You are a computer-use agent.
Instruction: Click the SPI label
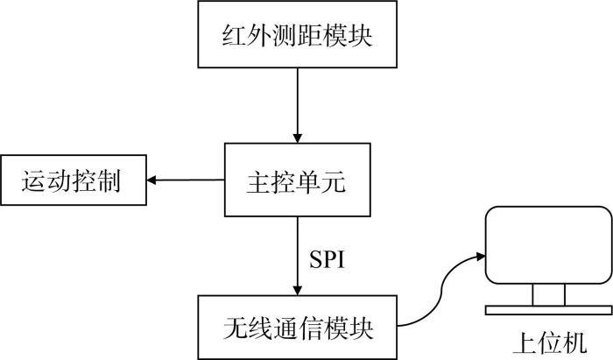(x=328, y=258)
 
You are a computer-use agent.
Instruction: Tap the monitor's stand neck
(x=549, y=294)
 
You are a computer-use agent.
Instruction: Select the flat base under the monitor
(x=548, y=310)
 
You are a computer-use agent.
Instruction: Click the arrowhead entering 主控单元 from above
(x=298, y=138)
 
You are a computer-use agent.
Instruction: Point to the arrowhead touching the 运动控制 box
(x=151, y=180)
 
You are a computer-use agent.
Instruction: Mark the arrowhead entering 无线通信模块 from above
(x=298, y=291)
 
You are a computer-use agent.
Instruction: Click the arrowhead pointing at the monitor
(x=481, y=257)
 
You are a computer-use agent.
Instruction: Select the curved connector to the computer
(x=441, y=291)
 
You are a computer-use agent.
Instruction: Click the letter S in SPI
(x=315, y=258)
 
